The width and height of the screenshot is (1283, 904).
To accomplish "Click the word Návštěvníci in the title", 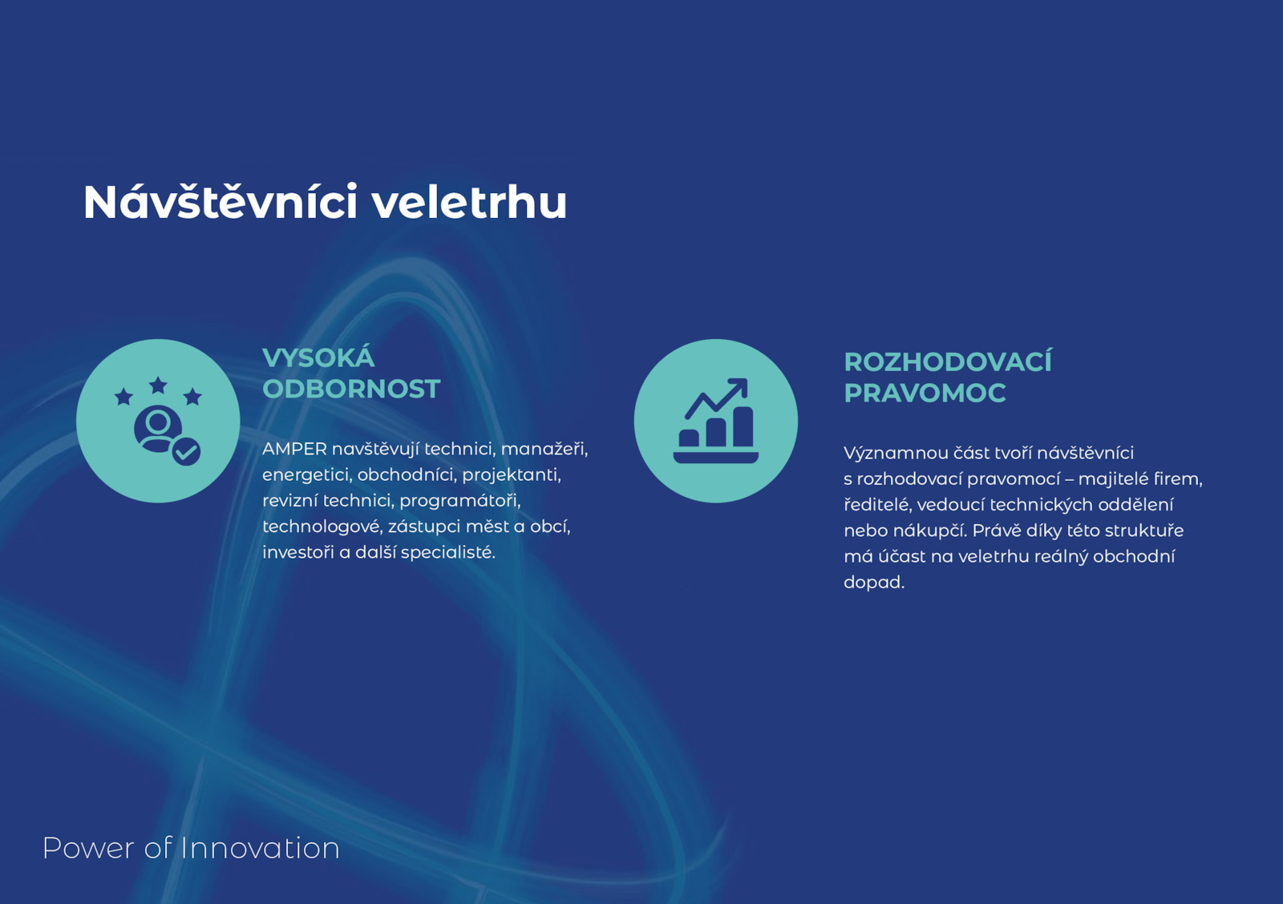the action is point(221,201).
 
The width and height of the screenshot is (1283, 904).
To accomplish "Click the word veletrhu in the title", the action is point(470,202).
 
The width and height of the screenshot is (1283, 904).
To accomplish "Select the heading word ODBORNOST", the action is point(351,389).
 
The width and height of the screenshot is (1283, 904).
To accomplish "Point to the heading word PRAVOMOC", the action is point(925,393).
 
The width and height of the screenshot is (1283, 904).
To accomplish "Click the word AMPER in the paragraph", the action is point(294,449).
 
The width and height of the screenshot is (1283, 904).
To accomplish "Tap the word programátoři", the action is point(460,501).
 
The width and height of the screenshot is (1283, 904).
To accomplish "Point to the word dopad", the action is point(874,583).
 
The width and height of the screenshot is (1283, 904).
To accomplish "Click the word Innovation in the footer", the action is point(260,848).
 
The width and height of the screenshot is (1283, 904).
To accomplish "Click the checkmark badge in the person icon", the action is point(186,452).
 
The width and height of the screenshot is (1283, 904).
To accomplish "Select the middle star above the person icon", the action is point(158,385).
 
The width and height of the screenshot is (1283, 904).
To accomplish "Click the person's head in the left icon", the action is point(157,423).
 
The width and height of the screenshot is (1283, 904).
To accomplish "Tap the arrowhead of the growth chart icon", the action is point(739,386).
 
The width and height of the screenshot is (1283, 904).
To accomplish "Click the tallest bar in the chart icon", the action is point(743,426).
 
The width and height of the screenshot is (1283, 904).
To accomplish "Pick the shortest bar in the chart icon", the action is point(689,438).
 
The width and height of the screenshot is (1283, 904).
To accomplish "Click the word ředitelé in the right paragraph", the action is point(877,505).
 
